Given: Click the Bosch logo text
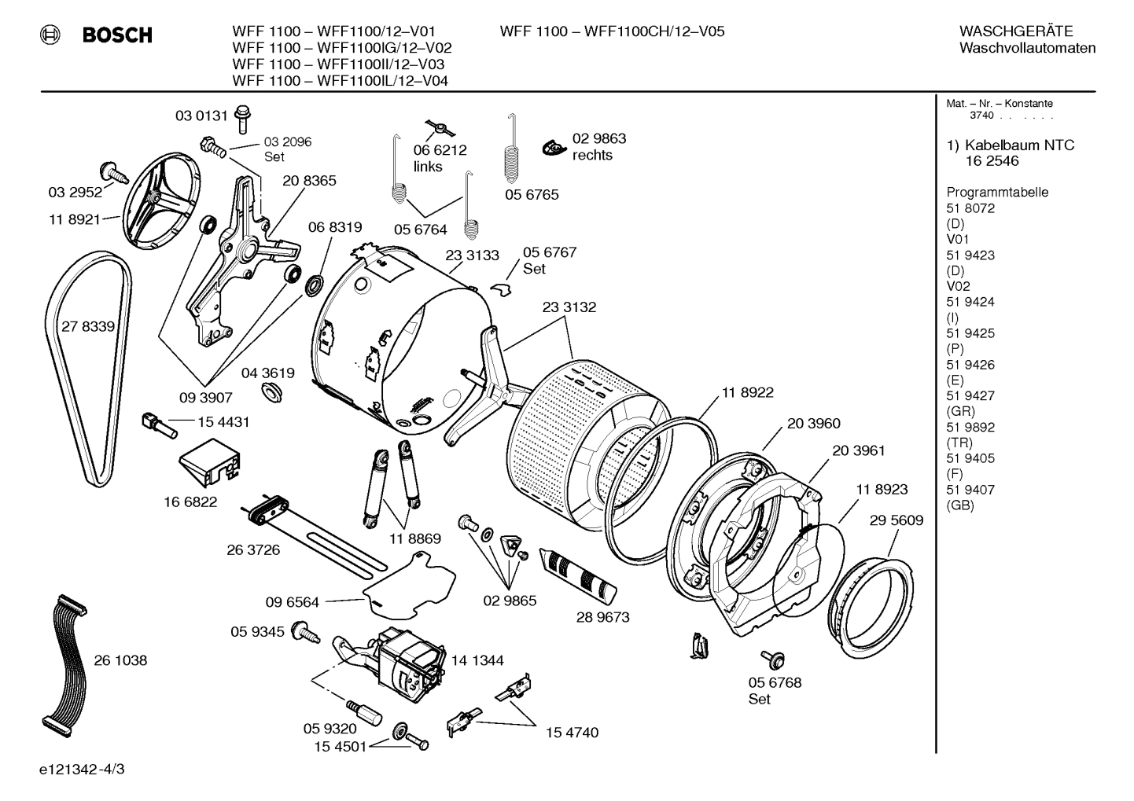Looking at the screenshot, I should pos(117,35).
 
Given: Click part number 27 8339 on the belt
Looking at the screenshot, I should pos(88,326).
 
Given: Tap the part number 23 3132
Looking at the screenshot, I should pos(569,307).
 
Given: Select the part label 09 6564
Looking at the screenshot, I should pos(292,602).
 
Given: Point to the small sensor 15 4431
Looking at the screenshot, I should pos(154,425).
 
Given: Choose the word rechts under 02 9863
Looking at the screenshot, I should pos(592,156).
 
